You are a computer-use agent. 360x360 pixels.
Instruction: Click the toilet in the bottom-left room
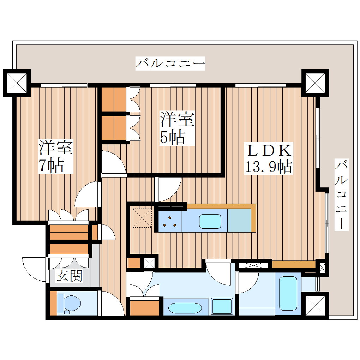click(x=69, y=304)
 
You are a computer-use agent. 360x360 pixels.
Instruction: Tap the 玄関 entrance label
click(x=69, y=276)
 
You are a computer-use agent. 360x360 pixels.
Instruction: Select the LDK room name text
click(x=269, y=151)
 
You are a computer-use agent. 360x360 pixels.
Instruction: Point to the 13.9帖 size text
click(x=269, y=167)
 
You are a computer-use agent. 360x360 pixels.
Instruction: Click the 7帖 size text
click(x=51, y=166)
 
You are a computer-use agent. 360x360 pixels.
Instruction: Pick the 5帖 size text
click(x=173, y=138)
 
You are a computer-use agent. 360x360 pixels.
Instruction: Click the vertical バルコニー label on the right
click(x=341, y=195)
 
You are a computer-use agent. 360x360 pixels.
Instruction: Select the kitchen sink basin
click(x=210, y=221)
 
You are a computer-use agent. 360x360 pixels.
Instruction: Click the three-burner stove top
click(x=170, y=222)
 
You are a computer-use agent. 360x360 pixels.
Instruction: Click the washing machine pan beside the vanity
click(x=222, y=306)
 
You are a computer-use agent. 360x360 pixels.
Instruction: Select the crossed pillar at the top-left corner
click(x=17, y=83)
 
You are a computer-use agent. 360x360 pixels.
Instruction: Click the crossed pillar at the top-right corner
click(x=315, y=83)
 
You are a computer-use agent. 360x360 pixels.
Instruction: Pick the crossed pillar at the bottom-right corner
click(x=315, y=306)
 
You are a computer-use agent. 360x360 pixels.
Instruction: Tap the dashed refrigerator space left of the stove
click(x=142, y=218)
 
